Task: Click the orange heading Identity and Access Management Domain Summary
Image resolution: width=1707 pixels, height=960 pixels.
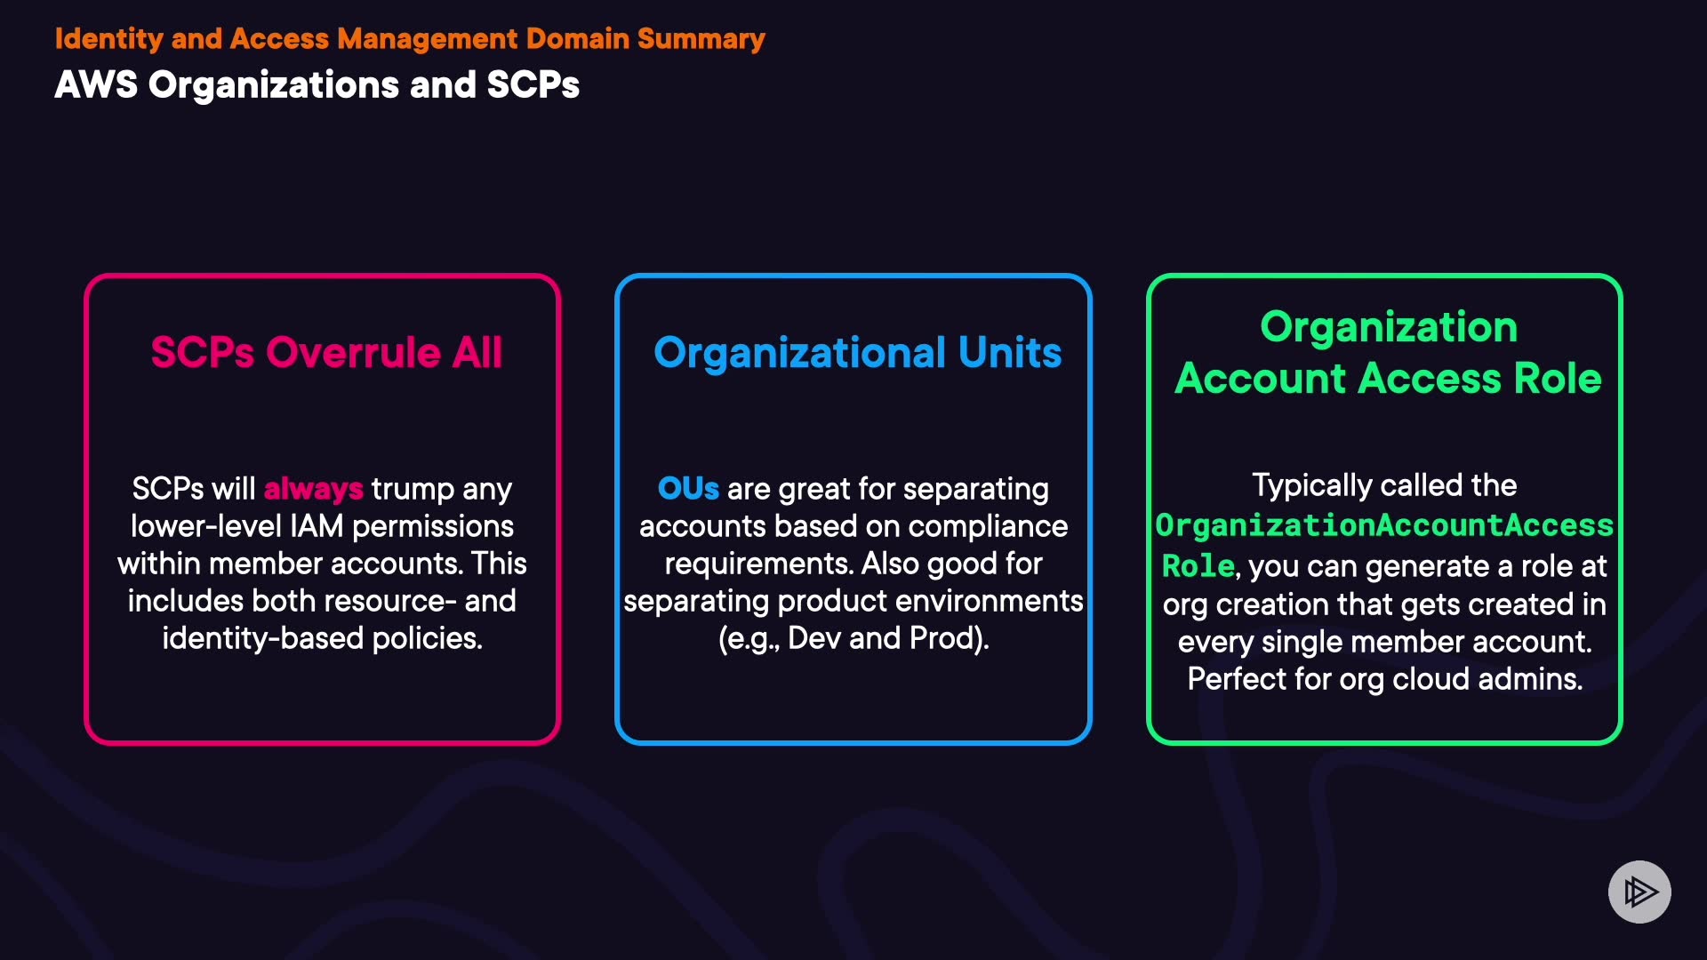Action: [x=410, y=39]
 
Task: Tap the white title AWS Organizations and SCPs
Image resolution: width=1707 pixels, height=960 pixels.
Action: [x=317, y=85]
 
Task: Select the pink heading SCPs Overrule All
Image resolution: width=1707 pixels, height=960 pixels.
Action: [x=326, y=352]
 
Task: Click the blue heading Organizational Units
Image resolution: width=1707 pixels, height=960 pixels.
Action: [x=858, y=353]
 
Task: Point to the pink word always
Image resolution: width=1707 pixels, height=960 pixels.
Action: [x=313, y=489]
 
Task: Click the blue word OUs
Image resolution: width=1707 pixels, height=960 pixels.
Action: [x=688, y=488]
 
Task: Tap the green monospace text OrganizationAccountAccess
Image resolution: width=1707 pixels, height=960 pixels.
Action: [x=1384, y=525]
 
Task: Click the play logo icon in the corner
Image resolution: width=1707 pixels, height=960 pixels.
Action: [x=1639, y=892]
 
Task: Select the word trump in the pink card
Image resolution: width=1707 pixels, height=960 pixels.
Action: [x=413, y=490]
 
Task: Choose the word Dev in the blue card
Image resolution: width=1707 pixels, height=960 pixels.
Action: [x=814, y=638]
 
